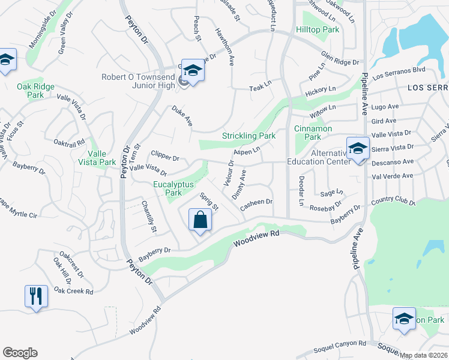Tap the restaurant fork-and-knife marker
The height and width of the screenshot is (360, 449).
coord(36,296)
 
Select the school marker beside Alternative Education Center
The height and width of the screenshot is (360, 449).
coord(358,148)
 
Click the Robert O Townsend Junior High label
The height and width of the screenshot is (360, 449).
coord(138,82)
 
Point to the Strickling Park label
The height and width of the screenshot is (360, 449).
coord(249,136)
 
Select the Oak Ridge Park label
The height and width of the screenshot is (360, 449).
coord(35,91)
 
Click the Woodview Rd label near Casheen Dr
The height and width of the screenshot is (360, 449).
coord(257,238)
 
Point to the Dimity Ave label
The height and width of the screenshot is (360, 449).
coord(239,183)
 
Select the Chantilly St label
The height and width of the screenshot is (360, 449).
coord(149,217)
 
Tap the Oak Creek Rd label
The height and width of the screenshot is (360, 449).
coord(73,291)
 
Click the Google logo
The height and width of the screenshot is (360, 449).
coord(20,353)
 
